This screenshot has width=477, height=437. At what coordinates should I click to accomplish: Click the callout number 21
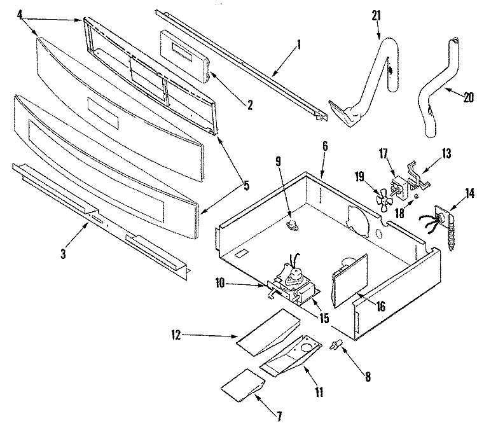coord(377,15)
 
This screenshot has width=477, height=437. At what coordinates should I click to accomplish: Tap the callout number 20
coord(469,97)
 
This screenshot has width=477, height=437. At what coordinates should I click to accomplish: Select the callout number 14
coord(469,193)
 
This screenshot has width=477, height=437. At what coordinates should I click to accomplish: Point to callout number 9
coord(279,162)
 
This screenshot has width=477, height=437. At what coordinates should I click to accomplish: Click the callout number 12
coord(176,335)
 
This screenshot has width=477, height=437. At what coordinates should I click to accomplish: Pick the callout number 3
coord(63,254)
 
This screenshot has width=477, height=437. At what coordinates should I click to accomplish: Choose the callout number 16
coord(380,306)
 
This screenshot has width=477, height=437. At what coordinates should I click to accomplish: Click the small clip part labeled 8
coord(336,345)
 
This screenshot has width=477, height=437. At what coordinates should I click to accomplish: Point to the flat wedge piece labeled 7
coord(242,385)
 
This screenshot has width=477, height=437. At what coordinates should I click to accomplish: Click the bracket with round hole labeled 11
coord(291,356)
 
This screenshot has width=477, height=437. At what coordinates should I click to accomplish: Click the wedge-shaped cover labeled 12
coord(268,332)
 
